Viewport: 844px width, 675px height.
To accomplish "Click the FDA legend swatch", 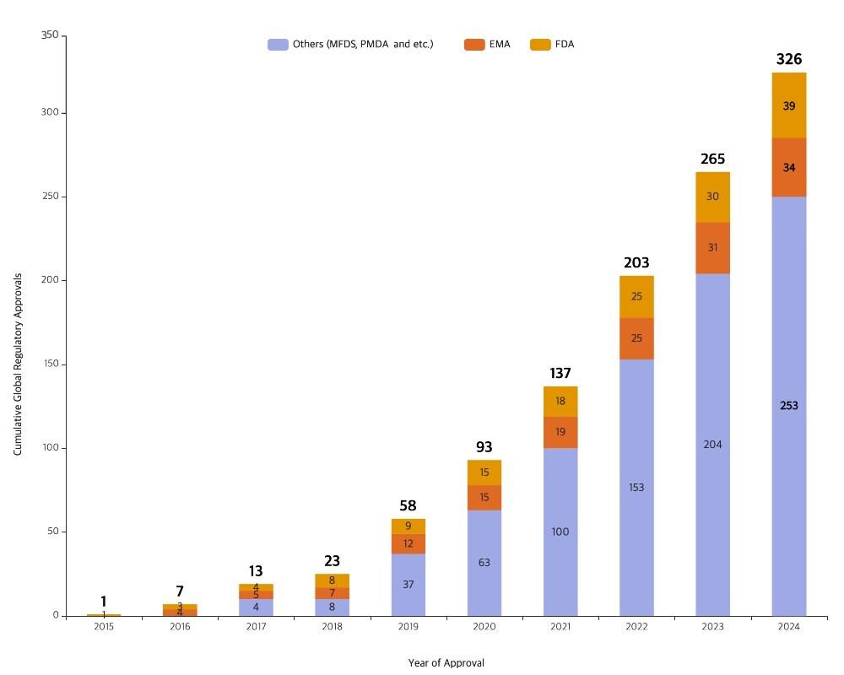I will click(x=540, y=44).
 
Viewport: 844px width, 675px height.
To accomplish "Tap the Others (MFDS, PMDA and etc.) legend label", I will click(x=362, y=44).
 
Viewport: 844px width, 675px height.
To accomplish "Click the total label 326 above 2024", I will click(x=789, y=59).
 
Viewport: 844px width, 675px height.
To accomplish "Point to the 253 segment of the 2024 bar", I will click(x=789, y=406).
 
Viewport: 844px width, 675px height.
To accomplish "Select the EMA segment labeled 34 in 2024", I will click(x=789, y=168).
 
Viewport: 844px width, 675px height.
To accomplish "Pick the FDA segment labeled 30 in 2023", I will click(x=712, y=197).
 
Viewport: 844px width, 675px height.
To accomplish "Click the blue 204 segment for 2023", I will click(x=712, y=445).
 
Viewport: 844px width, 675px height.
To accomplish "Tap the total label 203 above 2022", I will click(x=636, y=263).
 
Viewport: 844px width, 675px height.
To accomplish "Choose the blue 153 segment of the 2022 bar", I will click(x=636, y=488).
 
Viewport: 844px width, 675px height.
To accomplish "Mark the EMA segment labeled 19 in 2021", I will click(x=560, y=432).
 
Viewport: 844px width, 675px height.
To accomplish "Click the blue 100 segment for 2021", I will click(x=560, y=532).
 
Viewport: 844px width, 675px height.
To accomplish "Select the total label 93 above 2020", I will click(x=484, y=447).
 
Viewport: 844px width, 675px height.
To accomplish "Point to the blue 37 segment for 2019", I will click(x=408, y=584).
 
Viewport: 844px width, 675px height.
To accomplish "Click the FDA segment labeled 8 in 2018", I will click(x=332, y=580).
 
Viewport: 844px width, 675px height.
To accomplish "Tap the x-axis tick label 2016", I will click(x=180, y=627).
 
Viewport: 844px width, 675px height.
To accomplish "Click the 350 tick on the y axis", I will click(x=50, y=35).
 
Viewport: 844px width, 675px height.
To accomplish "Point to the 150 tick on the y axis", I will click(x=50, y=364).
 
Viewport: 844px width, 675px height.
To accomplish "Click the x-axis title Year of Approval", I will click(x=446, y=662).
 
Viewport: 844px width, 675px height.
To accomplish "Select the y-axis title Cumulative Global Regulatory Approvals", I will click(x=18, y=364).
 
